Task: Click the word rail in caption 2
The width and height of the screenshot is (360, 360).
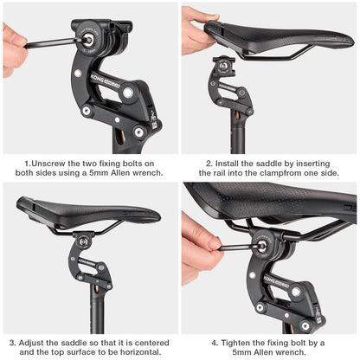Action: pos(202,173)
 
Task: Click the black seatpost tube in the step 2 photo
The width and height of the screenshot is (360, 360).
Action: pos(236,130)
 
